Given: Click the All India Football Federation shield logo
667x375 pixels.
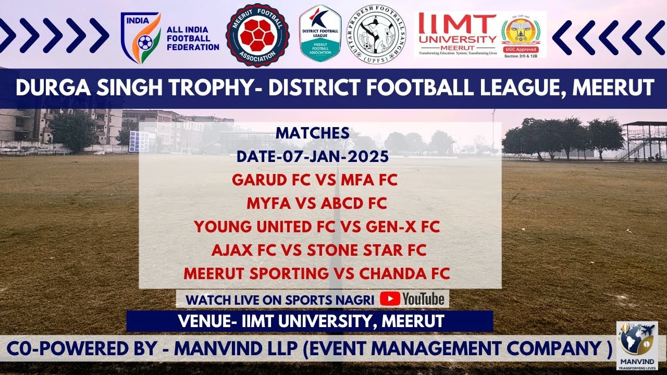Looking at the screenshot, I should (x=141, y=38).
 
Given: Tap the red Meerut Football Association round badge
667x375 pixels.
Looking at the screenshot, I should (x=257, y=35).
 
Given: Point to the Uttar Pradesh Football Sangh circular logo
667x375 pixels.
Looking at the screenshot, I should (x=376, y=35).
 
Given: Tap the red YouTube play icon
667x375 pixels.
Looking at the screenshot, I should (x=390, y=298).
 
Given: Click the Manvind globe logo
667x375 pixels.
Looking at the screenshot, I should (x=637, y=341).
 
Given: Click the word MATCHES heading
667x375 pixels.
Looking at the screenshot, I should (x=313, y=133).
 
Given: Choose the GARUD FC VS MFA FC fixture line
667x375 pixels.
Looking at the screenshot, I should (x=315, y=180).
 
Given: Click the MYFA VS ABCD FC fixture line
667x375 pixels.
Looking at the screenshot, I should (x=317, y=204).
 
